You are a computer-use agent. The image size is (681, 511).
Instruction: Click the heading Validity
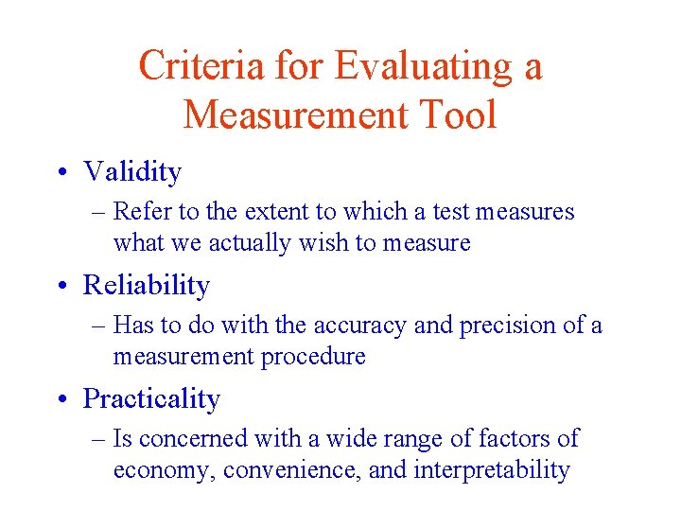[x=132, y=172]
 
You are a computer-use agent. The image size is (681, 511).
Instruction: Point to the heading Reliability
[x=147, y=285]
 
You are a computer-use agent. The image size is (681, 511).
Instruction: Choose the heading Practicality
[x=151, y=399]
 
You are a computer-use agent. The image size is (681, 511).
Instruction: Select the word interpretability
[x=492, y=470]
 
